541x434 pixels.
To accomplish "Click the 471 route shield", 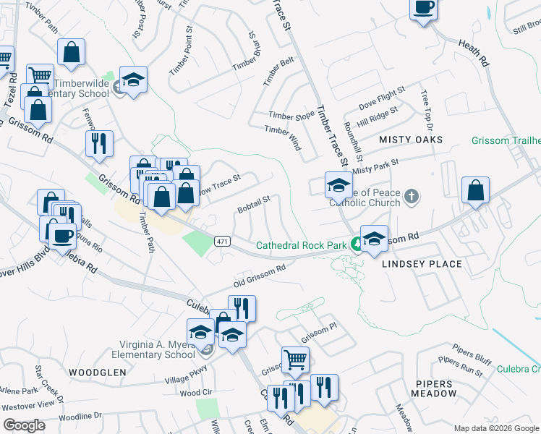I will click(x=223, y=241).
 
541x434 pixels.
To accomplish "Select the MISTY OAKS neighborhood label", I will click(x=410, y=139).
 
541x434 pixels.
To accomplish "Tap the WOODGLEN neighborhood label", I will click(x=98, y=372).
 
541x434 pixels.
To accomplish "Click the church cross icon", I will click(x=411, y=196).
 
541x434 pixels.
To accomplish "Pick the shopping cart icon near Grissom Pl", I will click(x=295, y=358).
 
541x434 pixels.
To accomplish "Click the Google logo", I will click(x=24, y=425).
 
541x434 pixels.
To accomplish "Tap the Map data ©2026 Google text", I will click(x=495, y=428).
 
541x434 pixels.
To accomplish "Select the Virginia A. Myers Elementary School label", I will click(x=153, y=349).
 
